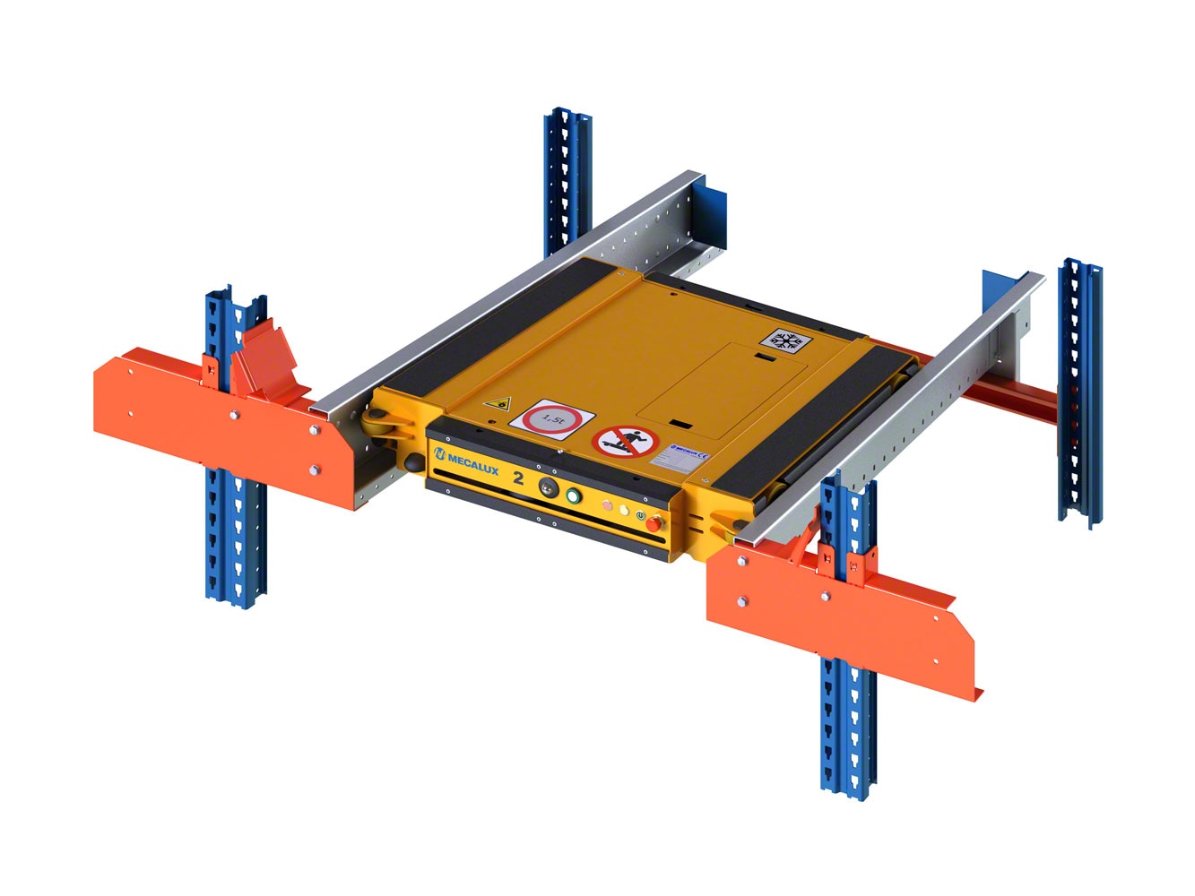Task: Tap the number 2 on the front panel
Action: click(x=519, y=477)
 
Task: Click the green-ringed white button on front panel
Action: click(x=573, y=496)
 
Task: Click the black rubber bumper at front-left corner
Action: click(x=413, y=461)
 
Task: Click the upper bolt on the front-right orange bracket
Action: click(x=742, y=561)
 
